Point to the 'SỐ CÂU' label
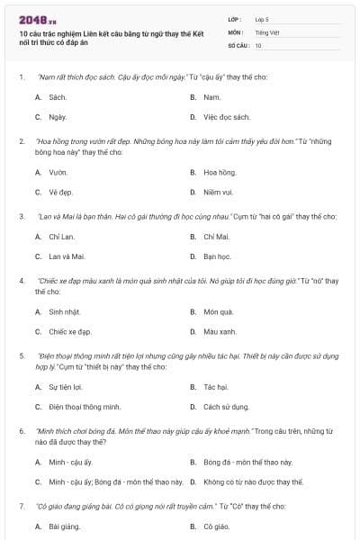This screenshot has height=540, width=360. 237,44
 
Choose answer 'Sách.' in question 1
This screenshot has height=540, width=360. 58,96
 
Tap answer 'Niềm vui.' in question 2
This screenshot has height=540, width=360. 219,192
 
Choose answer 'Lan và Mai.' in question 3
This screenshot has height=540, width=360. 66,256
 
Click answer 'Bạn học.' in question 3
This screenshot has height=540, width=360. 218,256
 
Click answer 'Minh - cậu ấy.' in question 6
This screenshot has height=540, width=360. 70,462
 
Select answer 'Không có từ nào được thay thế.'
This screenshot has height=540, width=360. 253,482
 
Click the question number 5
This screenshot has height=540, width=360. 21,355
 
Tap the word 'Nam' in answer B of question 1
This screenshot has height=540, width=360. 212,96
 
